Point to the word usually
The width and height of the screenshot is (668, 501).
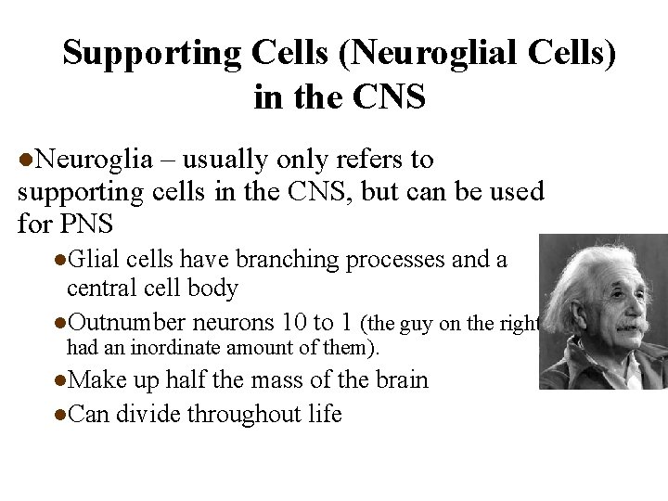[x=240, y=159]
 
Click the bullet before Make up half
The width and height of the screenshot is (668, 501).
[x=60, y=381]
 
